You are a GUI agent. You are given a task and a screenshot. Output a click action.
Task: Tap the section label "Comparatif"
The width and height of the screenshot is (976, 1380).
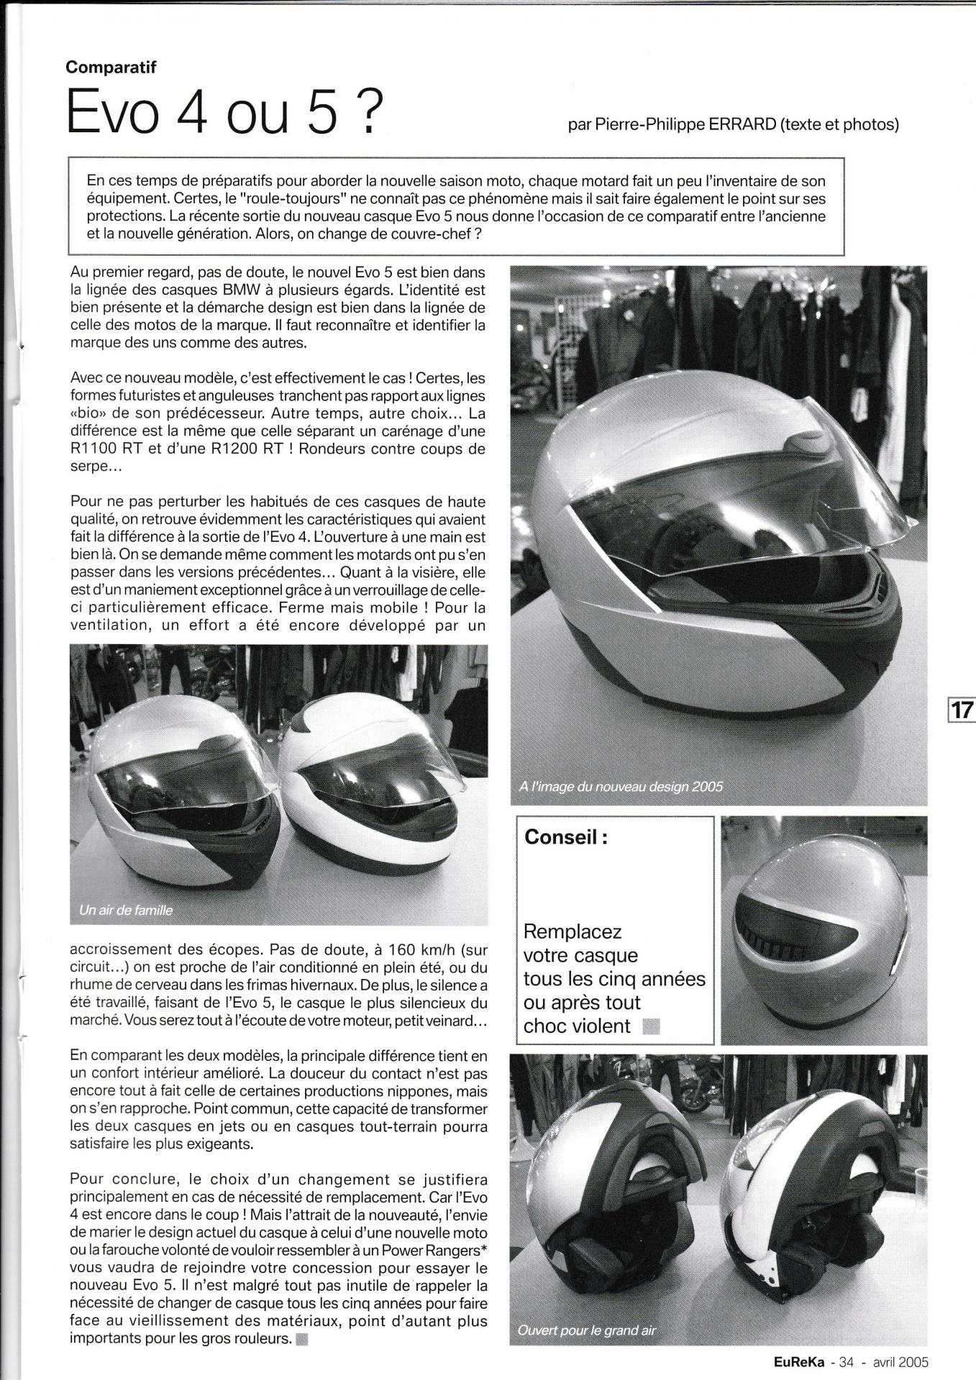[111, 68]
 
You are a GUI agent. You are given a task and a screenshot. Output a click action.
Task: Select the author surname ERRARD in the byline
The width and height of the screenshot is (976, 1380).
[738, 124]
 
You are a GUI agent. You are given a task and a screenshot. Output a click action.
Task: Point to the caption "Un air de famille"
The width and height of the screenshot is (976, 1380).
[126, 911]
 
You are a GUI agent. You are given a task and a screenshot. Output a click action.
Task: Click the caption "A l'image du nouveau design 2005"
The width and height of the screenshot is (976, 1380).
[620, 786]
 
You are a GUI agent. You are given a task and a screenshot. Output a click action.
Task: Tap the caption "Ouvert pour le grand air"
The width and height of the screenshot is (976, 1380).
[587, 1330]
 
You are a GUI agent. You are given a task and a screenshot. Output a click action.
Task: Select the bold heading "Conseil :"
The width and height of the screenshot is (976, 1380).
[567, 837]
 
